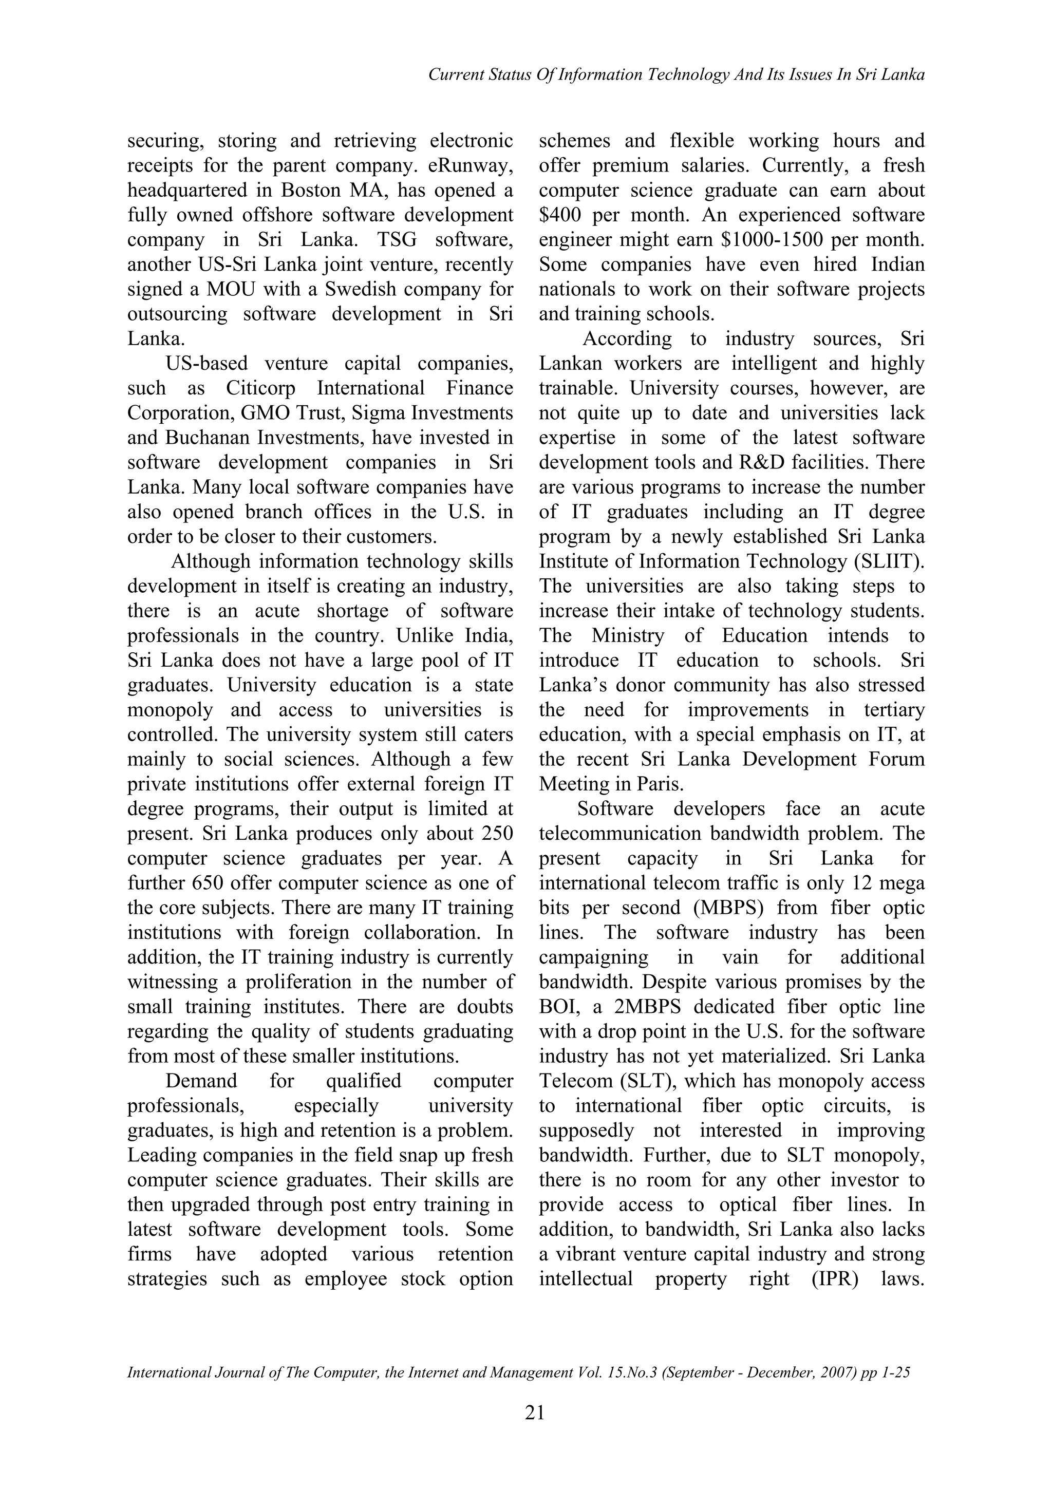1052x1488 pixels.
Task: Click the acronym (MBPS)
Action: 728,908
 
